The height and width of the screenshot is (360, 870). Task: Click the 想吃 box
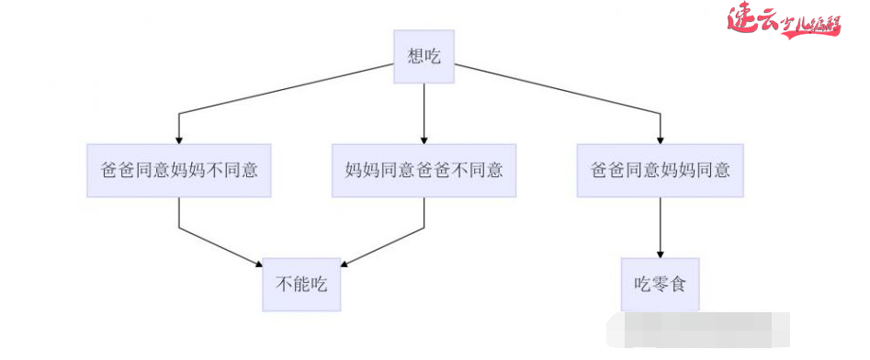pyautogui.click(x=424, y=57)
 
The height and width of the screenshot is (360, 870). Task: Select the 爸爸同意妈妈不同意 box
pyautogui.click(x=179, y=170)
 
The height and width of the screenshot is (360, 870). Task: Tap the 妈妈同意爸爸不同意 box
pyautogui.click(x=424, y=170)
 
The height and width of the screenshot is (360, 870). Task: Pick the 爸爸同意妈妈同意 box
pyautogui.click(x=661, y=170)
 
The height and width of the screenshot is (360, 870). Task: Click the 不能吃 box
pyautogui.click(x=301, y=284)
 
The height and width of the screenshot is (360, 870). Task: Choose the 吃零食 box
pyautogui.click(x=661, y=284)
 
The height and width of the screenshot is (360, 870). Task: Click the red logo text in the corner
pyautogui.click(x=784, y=21)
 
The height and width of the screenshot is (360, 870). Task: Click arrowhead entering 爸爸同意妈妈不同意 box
pyautogui.click(x=179, y=139)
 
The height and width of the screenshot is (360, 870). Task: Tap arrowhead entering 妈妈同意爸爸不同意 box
pyautogui.click(x=424, y=139)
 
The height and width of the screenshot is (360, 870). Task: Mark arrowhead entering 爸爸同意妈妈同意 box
pyautogui.click(x=661, y=139)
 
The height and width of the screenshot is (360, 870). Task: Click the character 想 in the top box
pyautogui.click(x=415, y=57)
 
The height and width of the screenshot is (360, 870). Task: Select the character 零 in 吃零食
pyautogui.click(x=661, y=284)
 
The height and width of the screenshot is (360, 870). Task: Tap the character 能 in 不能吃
pyautogui.click(x=301, y=284)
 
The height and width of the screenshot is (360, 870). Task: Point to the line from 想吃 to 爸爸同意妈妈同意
pyautogui.click(x=560, y=89)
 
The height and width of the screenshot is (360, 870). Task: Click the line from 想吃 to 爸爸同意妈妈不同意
pyautogui.click(x=285, y=89)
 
